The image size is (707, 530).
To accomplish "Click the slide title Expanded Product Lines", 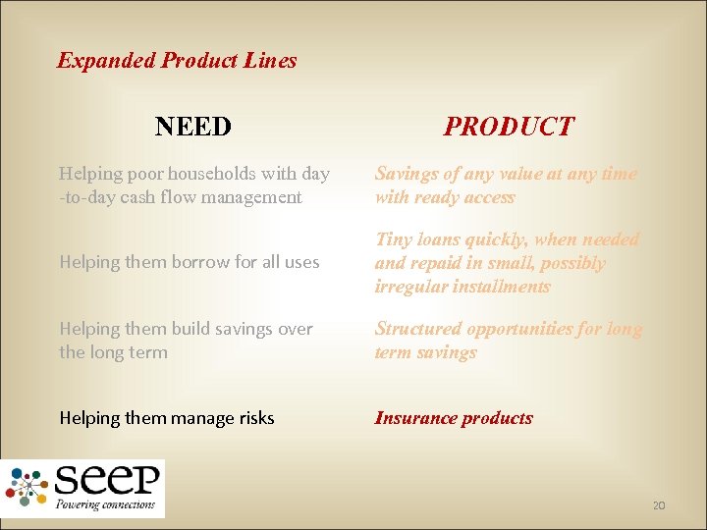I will (x=177, y=60).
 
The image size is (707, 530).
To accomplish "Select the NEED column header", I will (x=193, y=127).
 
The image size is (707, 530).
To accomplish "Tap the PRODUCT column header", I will (x=509, y=127).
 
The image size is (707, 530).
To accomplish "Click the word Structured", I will (x=417, y=329).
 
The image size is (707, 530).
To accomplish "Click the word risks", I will (x=252, y=418).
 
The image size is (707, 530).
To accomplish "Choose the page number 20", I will (x=658, y=505).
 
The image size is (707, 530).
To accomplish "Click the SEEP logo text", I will (x=107, y=481).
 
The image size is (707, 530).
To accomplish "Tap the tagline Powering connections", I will (x=106, y=504).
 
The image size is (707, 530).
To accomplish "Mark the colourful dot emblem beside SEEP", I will (x=28, y=486).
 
